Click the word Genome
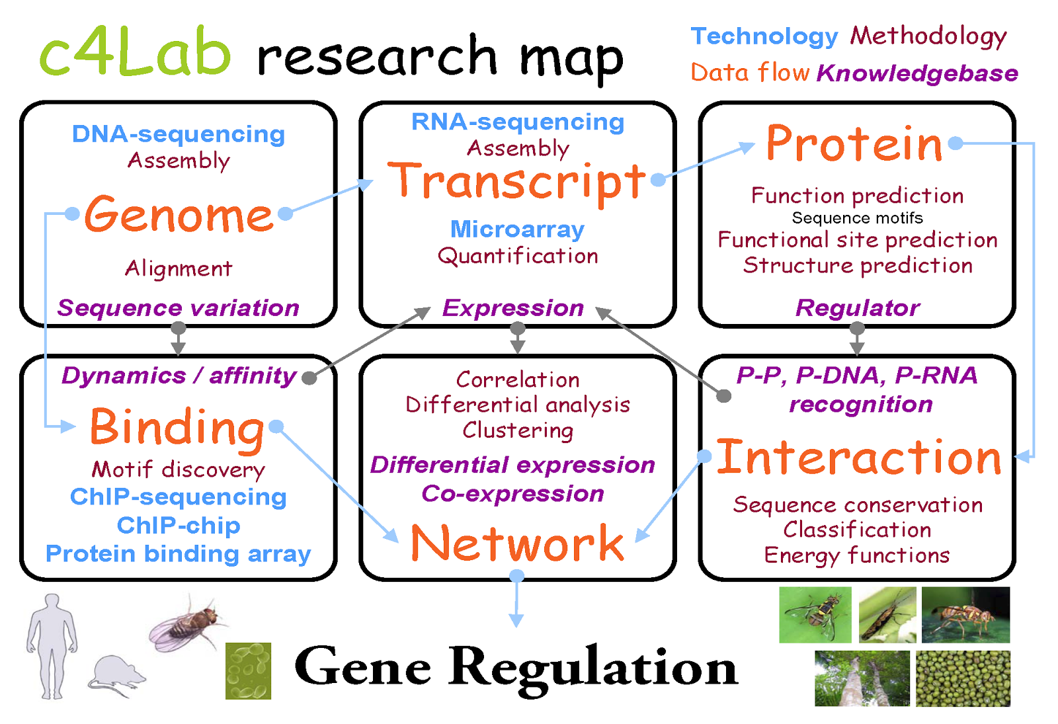tap(179, 215)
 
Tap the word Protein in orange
tap(854, 143)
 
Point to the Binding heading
tap(177, 427)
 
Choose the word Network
tap(517, 543)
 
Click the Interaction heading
tap(859, 457)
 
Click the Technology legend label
tap(764, 36)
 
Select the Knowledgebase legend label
tap(917, 73)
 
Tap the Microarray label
tap(517, 229)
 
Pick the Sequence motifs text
tap(857, 218)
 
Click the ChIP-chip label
tap(179, 525)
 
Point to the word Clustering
tap(518, 430)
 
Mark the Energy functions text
tap(857, 555)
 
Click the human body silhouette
tap(52, 645)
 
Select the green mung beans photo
tap(963, 678)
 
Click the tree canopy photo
tap(862, 678)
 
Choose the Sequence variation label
tap(179, 307)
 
